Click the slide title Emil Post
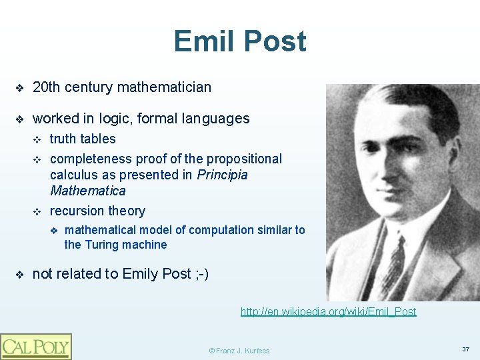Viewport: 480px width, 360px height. coord(240,41)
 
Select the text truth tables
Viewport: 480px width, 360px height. coord(83,139)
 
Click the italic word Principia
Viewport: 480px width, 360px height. coord(222,175)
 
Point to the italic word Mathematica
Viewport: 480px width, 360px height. coord(87,191)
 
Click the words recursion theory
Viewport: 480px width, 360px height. coord(97,211)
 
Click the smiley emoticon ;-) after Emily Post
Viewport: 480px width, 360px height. coord(201,274)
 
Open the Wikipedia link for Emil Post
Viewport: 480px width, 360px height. coord(328,311)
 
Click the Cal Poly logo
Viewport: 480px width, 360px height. coord(36,346)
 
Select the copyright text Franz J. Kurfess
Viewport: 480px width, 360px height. coord(239,351)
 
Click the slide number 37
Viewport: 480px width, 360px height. coord(465,349)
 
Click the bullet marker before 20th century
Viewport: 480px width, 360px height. coord(20,88)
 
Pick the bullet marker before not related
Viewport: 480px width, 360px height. coord(20,275)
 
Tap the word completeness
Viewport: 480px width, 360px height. coord(91,159)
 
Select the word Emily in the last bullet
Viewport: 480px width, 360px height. coord(141,274)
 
